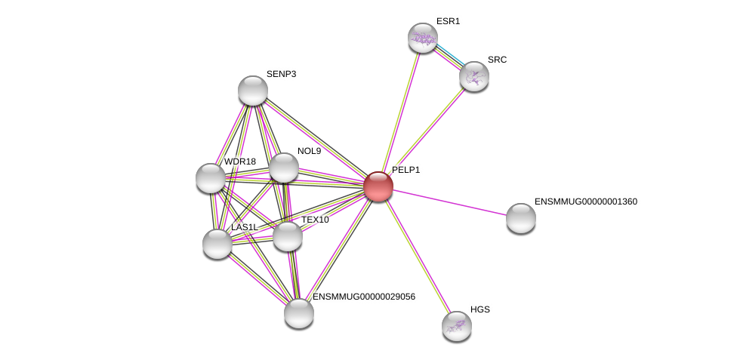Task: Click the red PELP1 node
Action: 378,186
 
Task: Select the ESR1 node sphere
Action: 423,38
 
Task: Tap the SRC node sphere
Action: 474,76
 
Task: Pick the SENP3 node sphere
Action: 253,91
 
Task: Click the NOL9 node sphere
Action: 284,168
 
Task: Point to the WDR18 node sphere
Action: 211,178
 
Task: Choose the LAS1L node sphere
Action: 217,244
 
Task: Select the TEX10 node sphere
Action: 288,236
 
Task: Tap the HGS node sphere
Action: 457,326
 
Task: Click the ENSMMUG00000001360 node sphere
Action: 521,218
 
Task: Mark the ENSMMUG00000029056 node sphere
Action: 299,313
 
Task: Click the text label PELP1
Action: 406,171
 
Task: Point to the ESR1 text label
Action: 448,21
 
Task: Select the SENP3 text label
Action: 281,74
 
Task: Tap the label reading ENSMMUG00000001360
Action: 586,202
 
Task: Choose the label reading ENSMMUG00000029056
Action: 364,297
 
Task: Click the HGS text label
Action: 480,309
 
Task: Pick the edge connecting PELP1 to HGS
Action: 417,256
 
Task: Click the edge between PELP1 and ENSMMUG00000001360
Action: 449,202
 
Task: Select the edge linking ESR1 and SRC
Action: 449,57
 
